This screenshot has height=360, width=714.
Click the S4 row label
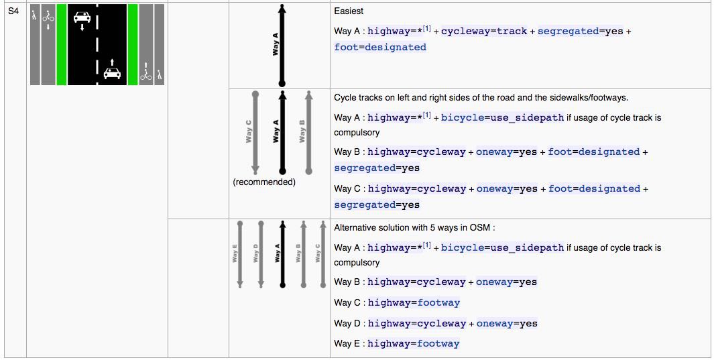tap(13, 10)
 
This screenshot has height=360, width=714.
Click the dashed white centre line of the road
tap(97, 45)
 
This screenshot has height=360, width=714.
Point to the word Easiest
tap(349, 11)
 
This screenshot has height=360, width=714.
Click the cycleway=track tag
tap(484, 32)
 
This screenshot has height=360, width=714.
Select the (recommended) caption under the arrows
tap(264, 182)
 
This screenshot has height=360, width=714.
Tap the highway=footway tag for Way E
tap(414, 344)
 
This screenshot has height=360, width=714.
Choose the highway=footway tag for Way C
tap(414, 302)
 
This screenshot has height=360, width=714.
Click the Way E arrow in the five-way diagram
tap(240, 254)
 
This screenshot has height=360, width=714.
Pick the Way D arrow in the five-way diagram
tap(261, 254)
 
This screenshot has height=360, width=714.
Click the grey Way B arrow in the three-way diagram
tap(309, 133)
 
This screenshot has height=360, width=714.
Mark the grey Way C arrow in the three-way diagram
tap(255, 133)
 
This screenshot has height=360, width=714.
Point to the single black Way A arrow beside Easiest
tap(282, 46)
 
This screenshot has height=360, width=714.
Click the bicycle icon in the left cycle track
tap(48, 17)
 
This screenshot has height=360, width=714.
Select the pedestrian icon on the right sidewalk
tap(159, 74)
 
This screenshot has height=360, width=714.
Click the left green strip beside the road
tap(62, 45)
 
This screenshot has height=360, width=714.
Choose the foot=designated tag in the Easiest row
tap(380, 48)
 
